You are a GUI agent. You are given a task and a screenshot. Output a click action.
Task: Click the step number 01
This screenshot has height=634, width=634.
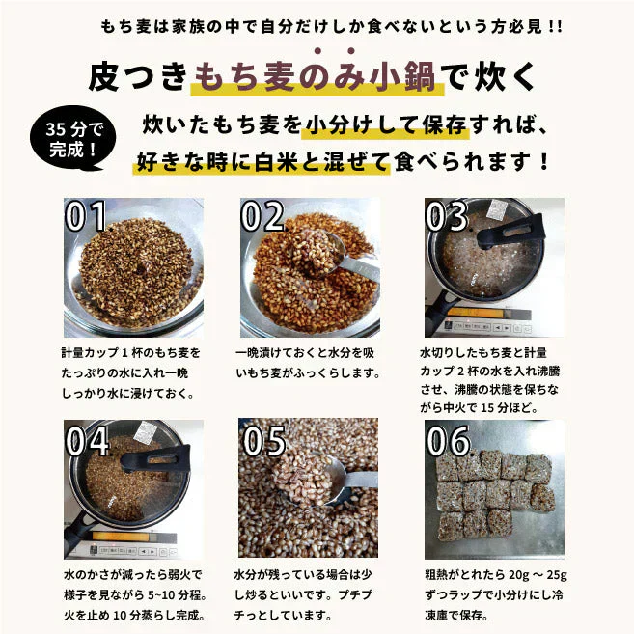point(86,217)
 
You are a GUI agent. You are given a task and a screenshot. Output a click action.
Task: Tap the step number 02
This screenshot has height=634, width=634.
point(262,217)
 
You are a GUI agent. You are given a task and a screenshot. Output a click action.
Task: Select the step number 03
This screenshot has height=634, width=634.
point(446,217)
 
